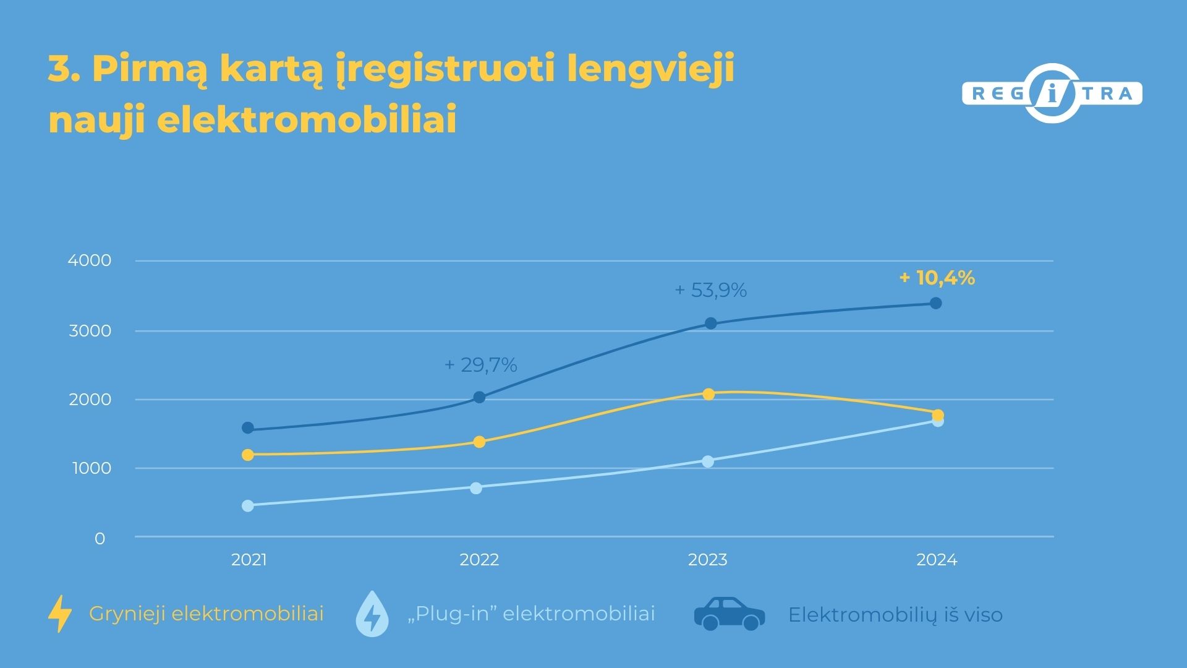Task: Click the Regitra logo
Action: [x=1052, y=94]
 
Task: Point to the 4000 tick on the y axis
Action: [x=90, y=260]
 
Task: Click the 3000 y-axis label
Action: [x=90, y=331]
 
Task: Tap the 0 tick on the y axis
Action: [x=100, y=539]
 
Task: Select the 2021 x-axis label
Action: [x=249, y=560]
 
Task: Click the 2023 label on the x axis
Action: [x=708, y=560]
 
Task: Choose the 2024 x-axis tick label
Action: [x=937, y=560]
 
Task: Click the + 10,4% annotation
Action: [x=937, y=278]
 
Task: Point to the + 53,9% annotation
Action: [x=710, y=290]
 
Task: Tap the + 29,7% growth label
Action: [x=480, y=365]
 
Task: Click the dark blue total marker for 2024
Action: [x=936, y=303]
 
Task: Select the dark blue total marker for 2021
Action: [x=248, y=427]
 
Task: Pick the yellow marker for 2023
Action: [x=708, y=394]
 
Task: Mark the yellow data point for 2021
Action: [x=248, y=455]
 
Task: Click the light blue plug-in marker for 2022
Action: [x=476, y=488]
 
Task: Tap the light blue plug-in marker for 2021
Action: [x=248, y=505]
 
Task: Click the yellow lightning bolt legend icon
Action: [x=60, y=614]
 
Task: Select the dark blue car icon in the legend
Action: [x=730, y=614]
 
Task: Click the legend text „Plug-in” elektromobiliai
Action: [x=531, y=614]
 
